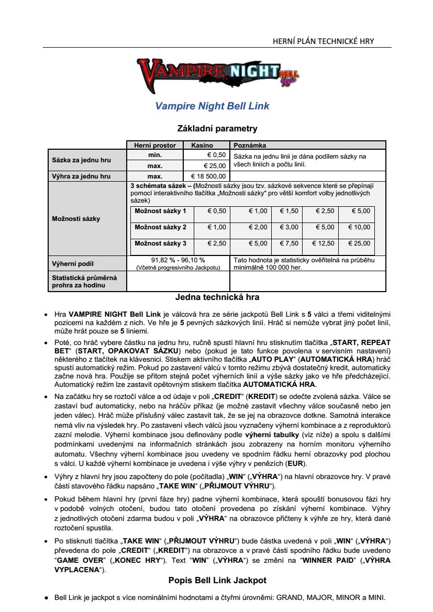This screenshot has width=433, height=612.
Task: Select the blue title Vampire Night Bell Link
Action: coord(212,106)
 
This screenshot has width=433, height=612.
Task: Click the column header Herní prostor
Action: coord(155,146)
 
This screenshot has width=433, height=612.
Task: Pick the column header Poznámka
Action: coord(250,146)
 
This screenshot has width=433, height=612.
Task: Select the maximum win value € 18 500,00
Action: coord(208,176)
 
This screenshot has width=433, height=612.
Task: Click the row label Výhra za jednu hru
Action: coord(81,176)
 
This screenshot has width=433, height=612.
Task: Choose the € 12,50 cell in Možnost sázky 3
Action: coord(323,243)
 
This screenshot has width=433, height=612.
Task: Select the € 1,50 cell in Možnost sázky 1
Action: coord(289,211)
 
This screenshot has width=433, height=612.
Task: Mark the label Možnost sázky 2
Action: coord(160,227)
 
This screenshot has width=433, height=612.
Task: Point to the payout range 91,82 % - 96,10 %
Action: coord(178,260)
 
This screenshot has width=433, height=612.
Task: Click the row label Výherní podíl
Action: coord(73,263)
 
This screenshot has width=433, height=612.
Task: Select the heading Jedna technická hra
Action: coord(217,297)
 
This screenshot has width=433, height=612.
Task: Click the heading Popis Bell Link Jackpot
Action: coord(217,581)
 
